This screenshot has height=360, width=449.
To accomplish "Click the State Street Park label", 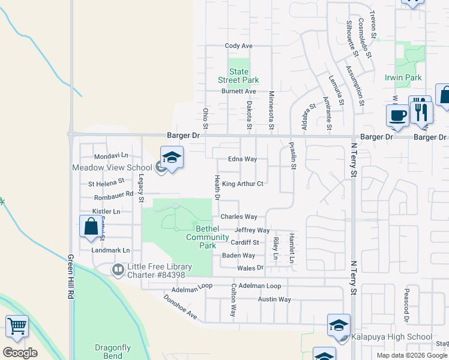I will (238, 76).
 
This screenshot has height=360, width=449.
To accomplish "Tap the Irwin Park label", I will (403, 77).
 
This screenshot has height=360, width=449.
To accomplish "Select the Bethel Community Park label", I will (208, 237).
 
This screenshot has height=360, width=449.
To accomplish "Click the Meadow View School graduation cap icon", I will (172, 157).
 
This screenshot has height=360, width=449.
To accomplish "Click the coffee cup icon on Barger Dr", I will (397, 115).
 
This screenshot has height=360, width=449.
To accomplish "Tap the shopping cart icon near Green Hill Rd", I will (17, 326).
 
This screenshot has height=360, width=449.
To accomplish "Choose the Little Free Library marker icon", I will (118, 269).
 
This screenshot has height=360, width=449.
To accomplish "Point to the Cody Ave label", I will (238, 46).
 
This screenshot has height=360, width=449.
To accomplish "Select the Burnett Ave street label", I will (238, 91).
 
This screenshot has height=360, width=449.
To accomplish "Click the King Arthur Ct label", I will (243, 184).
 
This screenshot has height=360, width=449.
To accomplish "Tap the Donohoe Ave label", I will (180, 306).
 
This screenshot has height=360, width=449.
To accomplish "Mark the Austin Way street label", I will (274, 299).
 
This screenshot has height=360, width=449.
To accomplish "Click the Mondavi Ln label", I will (108, 156).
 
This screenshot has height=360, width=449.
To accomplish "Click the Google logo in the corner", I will (20, 353).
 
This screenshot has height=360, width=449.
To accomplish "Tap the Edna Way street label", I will (243, 160).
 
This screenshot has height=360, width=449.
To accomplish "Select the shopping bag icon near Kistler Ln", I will (91, 227).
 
